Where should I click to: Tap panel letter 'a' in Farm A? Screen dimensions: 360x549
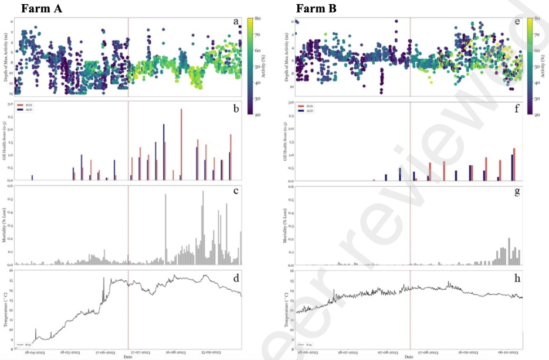[236, 22]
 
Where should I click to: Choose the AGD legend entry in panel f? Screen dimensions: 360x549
[306, 110]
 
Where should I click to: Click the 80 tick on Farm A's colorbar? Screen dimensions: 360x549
[257, 19]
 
